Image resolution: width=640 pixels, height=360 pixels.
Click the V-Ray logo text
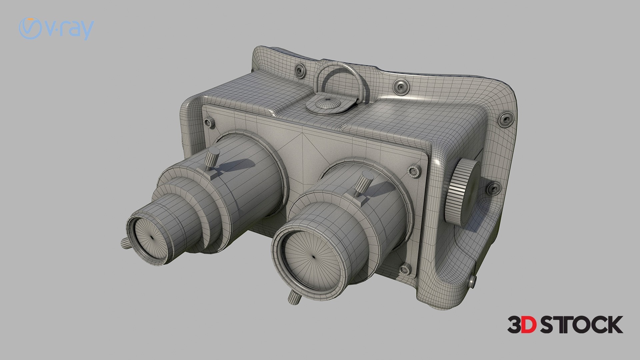pyautogui.click(x=56, y=29)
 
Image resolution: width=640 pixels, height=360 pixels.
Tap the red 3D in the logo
pyautogui.click(x=522, y=325)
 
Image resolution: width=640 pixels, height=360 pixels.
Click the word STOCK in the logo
pyautogui.click(x=581, y=325)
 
